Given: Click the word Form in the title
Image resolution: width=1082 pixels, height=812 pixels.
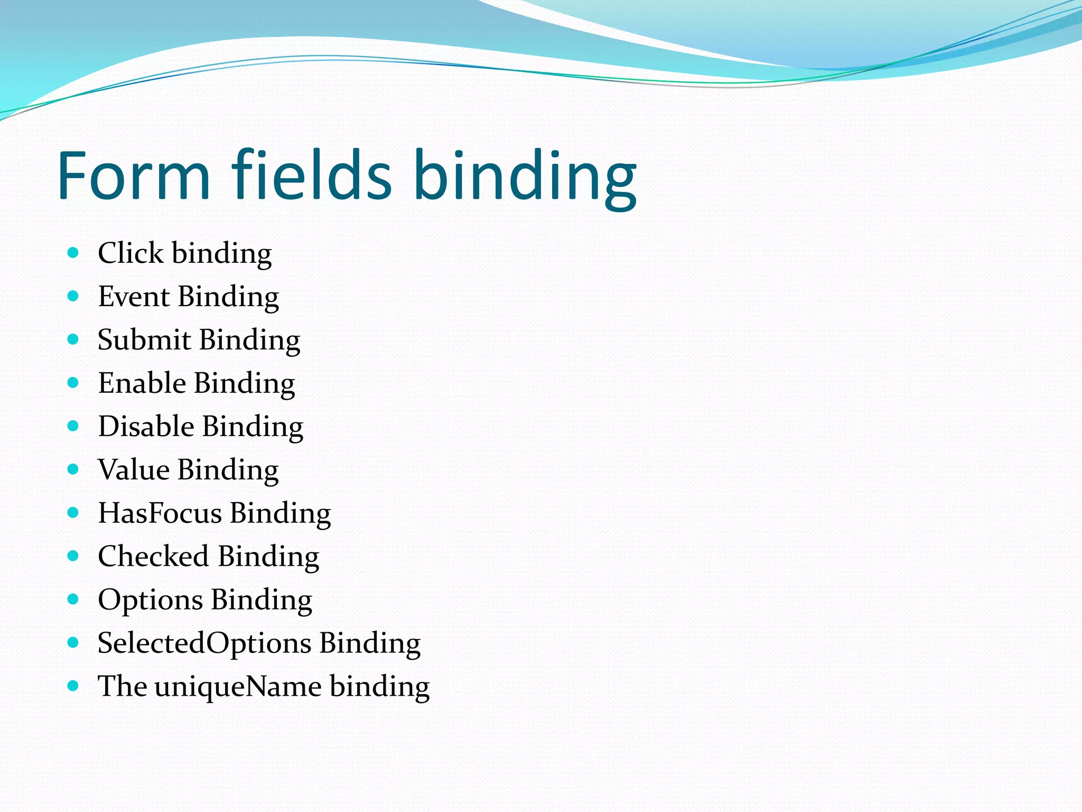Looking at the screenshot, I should point(134,176).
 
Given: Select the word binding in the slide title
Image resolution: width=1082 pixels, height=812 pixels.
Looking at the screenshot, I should point(525,178).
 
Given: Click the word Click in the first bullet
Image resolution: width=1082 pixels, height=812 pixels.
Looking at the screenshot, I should point(130,253).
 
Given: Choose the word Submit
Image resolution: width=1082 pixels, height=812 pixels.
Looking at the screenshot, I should point(144,340).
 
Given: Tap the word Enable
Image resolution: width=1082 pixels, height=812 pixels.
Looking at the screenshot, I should point(142,383).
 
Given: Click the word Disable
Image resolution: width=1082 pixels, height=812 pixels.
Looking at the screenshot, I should point(146,427).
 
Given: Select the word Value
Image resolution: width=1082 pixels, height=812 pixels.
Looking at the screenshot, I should point(134,470).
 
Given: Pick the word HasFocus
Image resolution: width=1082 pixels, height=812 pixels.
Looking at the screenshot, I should point(160,513).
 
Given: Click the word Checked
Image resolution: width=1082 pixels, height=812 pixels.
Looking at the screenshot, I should point(153,557).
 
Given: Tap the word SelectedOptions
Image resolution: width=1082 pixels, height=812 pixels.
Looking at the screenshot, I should point(204,643).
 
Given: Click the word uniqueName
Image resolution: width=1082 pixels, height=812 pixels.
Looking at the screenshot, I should point(238,687).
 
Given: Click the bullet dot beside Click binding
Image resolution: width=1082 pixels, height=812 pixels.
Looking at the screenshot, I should point(73,253).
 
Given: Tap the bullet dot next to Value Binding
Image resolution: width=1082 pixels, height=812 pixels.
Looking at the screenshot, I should point(73,469).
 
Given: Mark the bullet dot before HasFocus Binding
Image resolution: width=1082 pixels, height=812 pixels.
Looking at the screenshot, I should point(73,513).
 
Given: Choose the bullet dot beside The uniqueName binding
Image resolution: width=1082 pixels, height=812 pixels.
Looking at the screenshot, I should point(73,686).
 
